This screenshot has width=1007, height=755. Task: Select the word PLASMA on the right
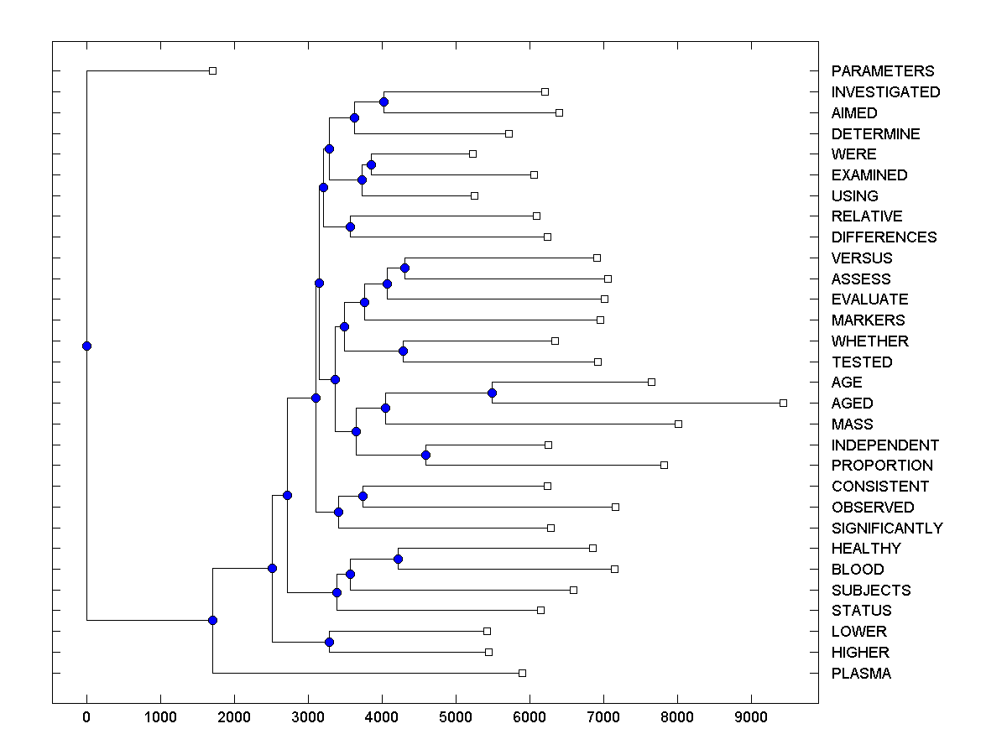tap(861, 674)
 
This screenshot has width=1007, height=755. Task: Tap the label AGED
tap(852, 404)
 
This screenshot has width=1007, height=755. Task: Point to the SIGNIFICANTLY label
tap(887, 528)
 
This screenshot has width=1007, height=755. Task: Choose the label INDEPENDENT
tap(885, 445)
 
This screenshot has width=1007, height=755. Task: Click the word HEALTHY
tap(866, 549)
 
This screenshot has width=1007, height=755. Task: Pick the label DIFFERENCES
tap(884, 237)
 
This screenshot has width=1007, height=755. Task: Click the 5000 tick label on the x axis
tap(456, 716)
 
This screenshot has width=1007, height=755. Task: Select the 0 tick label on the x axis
tap(86, 716)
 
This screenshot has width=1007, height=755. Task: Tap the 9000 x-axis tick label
tap(751, 716)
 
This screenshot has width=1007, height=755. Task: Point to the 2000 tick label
tap(234, 716)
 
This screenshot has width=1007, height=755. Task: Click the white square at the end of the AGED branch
tap(783, 404)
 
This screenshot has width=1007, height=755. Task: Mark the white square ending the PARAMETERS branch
tap(212, 71)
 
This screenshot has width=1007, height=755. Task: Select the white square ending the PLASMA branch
tap(522, 673)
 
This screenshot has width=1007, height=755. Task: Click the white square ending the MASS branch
tap(678, 424)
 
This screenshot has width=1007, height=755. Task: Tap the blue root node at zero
tap(86, 346)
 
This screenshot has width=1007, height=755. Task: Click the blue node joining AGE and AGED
tap(493, 393)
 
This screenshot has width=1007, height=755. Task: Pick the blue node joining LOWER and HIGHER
tap(329, 642)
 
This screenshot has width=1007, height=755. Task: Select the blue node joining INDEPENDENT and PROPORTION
tap(425, 455)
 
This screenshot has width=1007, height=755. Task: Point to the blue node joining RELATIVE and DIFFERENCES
tap(350, 226)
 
